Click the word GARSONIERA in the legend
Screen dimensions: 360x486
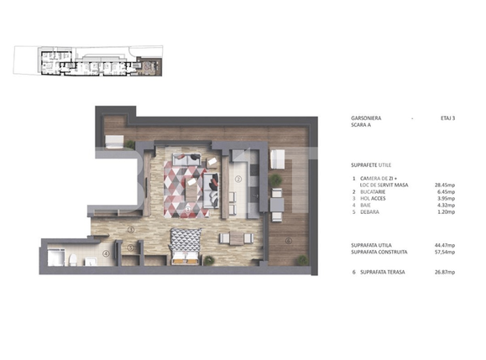pos(370,118)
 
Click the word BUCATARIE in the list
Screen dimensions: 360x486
pos(376,191)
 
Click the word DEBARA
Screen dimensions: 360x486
pos(372,213)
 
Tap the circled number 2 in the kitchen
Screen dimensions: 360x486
pos(238,179)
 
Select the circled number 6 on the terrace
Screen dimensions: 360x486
pos(288,240)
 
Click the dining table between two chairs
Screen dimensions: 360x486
pos(237,238)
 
